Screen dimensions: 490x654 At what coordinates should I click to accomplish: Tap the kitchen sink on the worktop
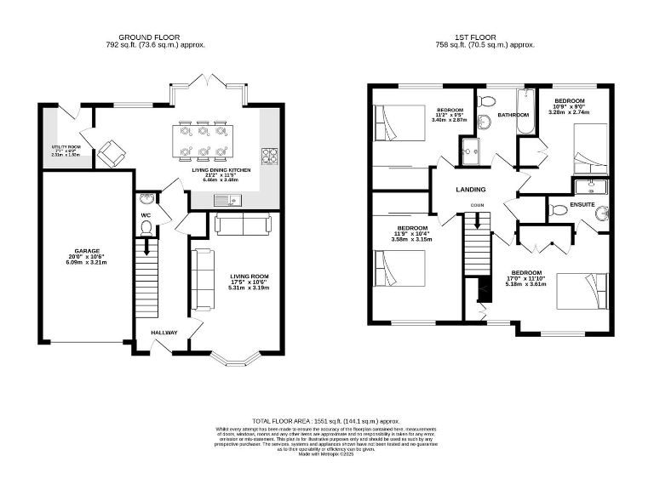click(x=223, y=201)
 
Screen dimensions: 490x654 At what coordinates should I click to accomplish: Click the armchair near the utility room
click(x=111, y=154)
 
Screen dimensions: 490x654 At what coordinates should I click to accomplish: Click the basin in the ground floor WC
click(x=146, y=200)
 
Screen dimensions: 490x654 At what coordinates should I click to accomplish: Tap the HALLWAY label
click(x=163, y=333)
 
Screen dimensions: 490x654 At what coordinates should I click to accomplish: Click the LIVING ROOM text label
click(x=249, y=276)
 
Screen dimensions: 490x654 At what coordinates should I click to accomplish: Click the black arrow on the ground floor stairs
click(x=147, y=248)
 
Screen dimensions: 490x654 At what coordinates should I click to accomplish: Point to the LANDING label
click(x=470, y=190)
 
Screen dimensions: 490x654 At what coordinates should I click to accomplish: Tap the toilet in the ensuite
click(x=604, y=214)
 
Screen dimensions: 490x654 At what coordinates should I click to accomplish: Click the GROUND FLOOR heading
click(x=155, y=37)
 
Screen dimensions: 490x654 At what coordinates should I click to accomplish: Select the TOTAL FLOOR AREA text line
click(x=326, y=422)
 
